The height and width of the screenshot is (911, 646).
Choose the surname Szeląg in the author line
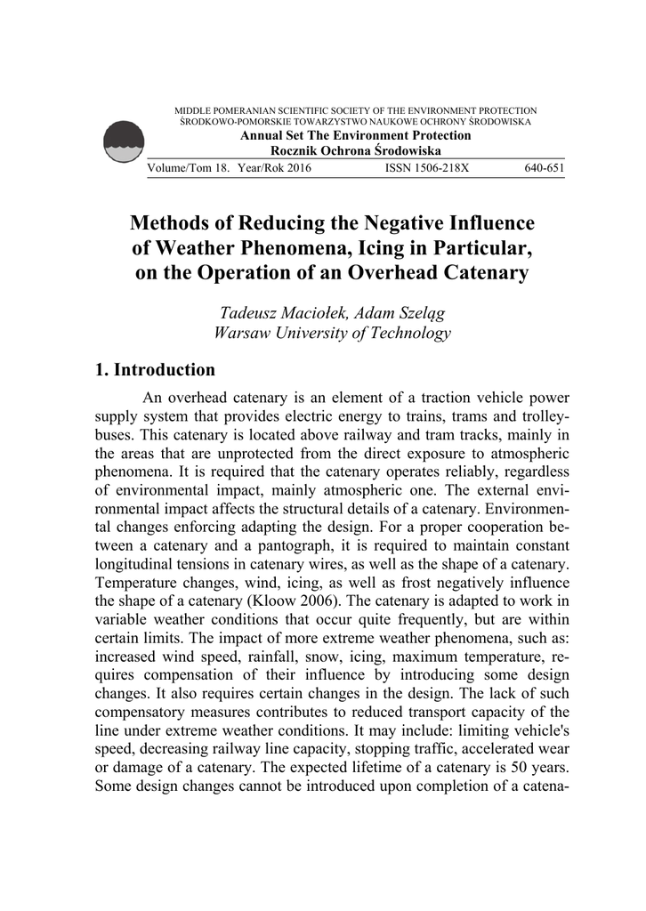point(415,312)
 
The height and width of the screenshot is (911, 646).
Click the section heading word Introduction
point(166,369)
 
